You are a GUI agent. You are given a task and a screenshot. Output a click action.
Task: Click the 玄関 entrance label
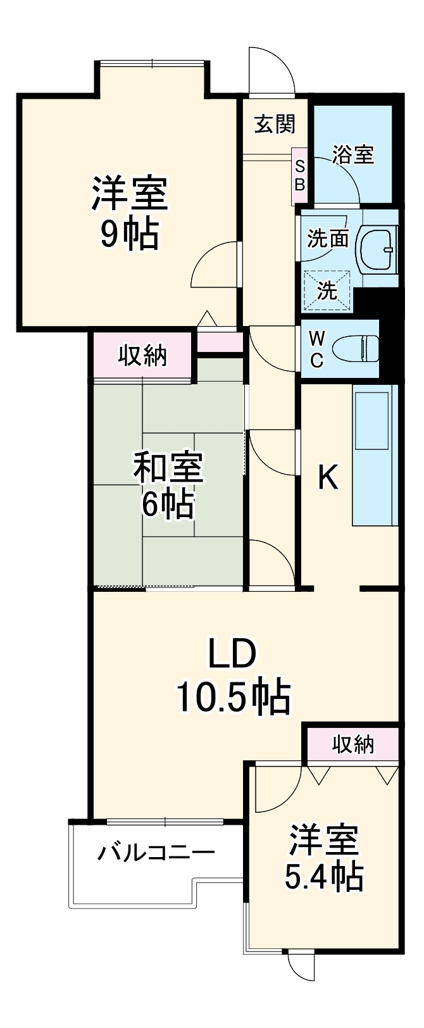[275, 124]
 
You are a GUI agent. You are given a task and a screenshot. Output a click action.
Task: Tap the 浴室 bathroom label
[353, 154]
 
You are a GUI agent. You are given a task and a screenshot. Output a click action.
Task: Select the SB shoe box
[300, 176]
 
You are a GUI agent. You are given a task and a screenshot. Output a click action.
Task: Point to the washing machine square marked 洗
[327, 291]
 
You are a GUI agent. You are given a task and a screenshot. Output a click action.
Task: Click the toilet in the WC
[356, 348]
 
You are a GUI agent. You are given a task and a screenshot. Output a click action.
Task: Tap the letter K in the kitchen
[327, 478]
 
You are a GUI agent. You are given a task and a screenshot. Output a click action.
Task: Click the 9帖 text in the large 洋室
[129, 234]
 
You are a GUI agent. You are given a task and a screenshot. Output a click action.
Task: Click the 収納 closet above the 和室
[143, 356]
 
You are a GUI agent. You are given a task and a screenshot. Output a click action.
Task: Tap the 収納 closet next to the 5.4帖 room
[353, 745]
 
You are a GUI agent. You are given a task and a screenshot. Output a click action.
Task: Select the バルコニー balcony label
[156, 853]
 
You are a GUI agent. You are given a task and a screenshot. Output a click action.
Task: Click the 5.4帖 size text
[323, 877]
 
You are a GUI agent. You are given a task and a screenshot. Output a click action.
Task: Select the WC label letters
[316, 349]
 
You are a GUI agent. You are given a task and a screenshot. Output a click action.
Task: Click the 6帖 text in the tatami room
[168, 505]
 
